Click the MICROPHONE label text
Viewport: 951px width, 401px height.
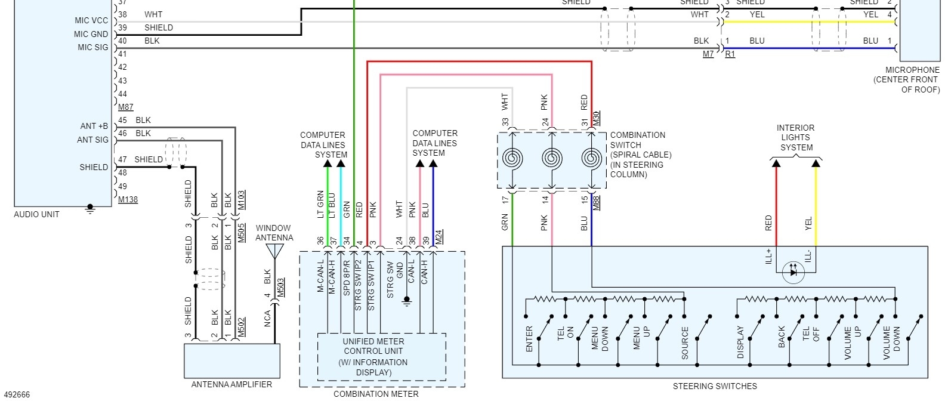click(912, 70)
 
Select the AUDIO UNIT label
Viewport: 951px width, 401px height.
click(36, 214)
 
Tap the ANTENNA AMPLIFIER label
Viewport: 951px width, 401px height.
click(231, 385)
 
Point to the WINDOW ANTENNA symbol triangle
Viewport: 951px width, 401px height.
click(274, 251)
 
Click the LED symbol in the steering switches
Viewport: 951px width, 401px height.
click(793, 272)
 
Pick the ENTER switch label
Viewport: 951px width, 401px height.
click(529, 338)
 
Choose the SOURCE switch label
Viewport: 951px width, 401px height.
click(685, 343)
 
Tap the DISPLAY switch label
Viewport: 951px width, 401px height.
click(740, 342)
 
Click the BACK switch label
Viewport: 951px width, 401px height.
click(782, 337)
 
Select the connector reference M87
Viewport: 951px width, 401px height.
click(126, 107)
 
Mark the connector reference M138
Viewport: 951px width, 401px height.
click(128, 199)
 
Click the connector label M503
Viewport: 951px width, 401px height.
click(280, 287)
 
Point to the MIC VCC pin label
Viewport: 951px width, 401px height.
click(91, 20)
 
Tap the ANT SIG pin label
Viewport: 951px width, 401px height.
click(93, 140)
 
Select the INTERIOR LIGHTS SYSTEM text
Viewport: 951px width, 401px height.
click(795, 138)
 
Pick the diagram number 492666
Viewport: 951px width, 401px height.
click(16, 394)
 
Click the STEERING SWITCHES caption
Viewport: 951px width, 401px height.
click(715, 386)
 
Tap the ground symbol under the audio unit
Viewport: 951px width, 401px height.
click(90, 208)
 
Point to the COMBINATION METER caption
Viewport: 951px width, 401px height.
click(376, 394)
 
